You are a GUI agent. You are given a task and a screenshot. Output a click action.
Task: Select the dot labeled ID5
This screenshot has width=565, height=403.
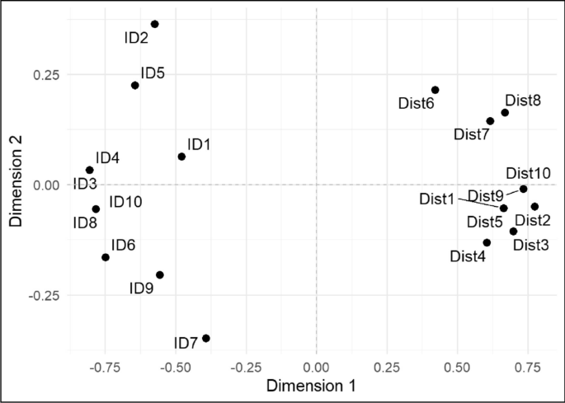pos(135,85)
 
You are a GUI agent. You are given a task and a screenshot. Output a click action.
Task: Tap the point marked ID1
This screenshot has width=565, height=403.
pos(181,157)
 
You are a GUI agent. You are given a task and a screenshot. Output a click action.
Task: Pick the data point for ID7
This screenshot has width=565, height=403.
pos(206,338)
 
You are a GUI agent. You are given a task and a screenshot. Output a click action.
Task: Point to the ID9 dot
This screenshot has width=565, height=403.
pos(160,274)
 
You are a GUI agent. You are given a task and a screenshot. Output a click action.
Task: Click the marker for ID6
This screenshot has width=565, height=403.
pos(106,257)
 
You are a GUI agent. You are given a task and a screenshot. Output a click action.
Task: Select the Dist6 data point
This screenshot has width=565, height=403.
pos(435,90)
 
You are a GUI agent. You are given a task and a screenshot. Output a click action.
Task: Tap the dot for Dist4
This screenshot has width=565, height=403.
pos(487,242)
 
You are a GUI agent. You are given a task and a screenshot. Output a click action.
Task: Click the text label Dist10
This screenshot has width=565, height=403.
pos(528,173)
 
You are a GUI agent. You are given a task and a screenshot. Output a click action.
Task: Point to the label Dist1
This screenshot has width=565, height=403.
pos(436,199)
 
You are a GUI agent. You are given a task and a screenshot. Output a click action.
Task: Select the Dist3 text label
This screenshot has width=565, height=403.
pos(530,245)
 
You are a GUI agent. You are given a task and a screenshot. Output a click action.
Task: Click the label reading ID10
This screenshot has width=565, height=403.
pos(126,202)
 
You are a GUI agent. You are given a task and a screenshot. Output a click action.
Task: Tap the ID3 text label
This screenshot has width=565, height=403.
pos(85,183)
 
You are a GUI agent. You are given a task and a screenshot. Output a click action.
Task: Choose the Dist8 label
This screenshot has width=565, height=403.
pos(523,101)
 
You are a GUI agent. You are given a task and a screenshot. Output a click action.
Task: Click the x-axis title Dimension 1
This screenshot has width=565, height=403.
pos(316,386)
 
